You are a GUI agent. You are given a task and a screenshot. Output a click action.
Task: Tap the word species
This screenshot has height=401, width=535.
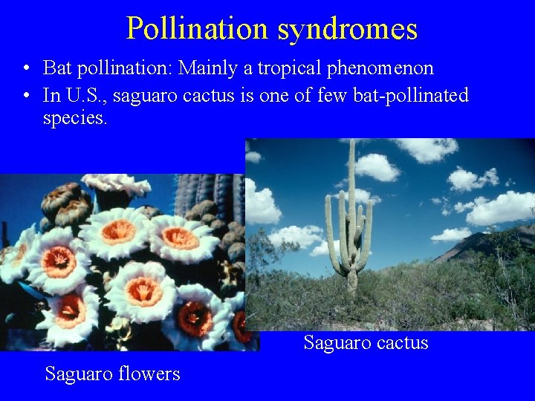(x=75, y=117)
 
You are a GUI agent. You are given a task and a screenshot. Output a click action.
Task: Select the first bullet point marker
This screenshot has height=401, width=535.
(x=26, y=69)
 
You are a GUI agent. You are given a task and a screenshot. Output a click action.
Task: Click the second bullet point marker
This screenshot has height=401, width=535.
(x=26, y=97)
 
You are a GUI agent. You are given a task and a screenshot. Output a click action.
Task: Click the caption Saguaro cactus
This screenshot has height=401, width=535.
(x=366, y=342)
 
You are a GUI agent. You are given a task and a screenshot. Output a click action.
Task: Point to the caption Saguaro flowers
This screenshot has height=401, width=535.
(x=112, y=373)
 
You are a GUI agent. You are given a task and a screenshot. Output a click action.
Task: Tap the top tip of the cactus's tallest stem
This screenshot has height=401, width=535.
(x=351, y=143)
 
